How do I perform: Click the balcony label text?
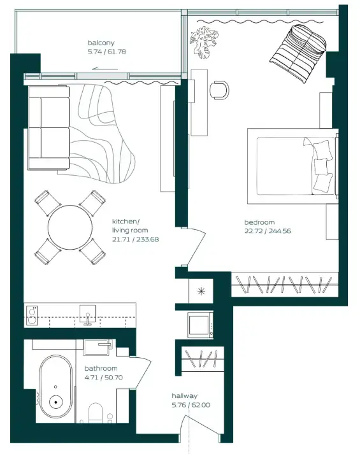point(101,43)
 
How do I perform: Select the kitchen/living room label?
point(131,225)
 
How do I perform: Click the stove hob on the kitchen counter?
point(32,313)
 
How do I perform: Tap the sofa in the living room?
point(48,129)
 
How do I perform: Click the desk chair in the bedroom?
point(220,90)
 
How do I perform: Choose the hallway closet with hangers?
point(200,361)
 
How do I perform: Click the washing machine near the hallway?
point(201,325)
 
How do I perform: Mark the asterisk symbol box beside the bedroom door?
point(202,292)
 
